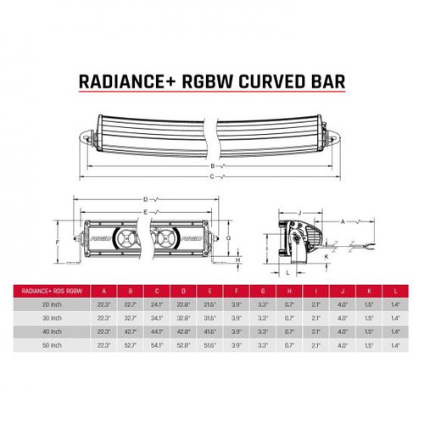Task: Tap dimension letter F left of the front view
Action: coord(58,241)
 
